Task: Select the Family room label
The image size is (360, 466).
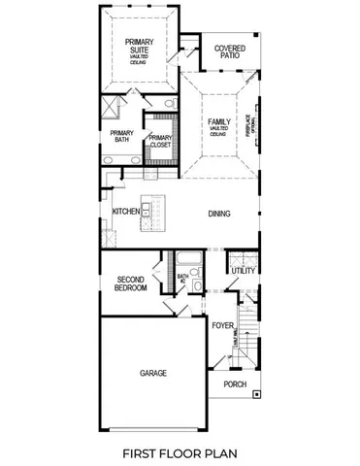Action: click(x=218, y=124)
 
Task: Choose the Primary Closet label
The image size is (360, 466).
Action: click(x=159, y=142)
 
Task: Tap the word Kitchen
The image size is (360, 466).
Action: click(x=125, y=212)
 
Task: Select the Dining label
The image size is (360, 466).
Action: click(x=218, y=214)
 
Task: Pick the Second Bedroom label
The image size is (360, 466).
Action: click(x=131, y=283)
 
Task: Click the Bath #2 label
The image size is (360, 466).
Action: click(x=181, y=282)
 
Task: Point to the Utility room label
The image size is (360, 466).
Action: click(x=243, y=271)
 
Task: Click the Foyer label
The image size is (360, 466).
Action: click(x=223, y=326)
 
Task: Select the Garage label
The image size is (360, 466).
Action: click(x=152, y=373)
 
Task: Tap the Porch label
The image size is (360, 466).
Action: click(x=235, y=384)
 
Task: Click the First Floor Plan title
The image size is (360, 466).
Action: click(x=180, y=452)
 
